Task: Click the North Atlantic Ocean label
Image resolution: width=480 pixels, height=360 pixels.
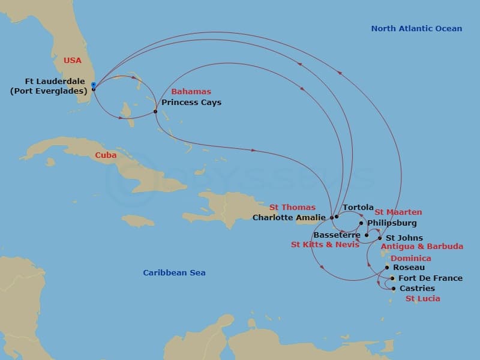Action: coord(416,28)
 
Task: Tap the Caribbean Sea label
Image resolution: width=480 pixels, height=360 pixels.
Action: coord(174,273)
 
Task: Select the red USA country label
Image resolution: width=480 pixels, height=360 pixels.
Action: coord(73,60)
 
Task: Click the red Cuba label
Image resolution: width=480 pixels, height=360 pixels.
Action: coord(106,155)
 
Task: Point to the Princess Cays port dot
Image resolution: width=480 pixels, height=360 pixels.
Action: coord(155,112)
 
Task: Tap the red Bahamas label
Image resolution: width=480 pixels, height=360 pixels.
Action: coord(191,92)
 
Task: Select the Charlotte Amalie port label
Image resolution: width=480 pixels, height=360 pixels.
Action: coord(289,217)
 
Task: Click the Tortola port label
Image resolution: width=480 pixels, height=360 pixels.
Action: coord(358,208)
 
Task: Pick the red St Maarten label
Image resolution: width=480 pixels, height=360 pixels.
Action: coord(398,212)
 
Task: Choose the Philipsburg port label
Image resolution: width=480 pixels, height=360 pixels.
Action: coord(391,223)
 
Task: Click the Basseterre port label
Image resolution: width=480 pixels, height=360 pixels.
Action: coord(337,235)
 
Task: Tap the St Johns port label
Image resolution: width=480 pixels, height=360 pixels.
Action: coord(404,238)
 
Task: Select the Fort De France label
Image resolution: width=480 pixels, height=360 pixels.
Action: coord(430,278)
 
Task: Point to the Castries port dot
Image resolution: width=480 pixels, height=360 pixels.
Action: coord(393,289)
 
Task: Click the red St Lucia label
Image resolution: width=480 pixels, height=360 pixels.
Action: coord(422,298)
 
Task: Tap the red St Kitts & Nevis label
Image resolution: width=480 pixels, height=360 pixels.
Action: coord(325,244)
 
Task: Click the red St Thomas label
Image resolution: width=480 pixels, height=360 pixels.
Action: coord(292,208)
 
